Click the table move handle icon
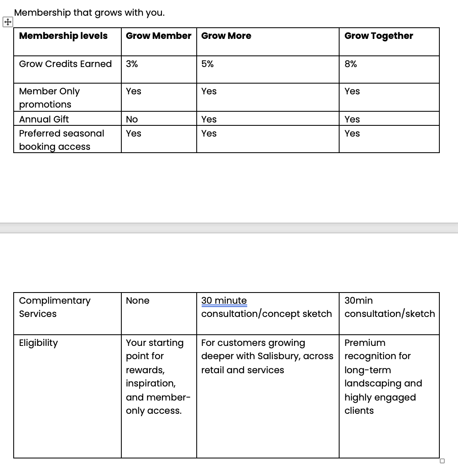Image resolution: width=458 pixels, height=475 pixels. point(7,22)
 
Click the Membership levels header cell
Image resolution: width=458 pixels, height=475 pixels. point(63,36)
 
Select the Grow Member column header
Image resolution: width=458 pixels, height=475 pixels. point(159,36)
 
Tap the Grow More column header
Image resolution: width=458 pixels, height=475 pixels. point(226,36)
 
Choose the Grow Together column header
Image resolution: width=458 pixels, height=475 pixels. point(378,36)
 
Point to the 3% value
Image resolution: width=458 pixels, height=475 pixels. point(132,64)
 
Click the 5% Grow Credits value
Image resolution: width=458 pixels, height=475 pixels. point(207,64)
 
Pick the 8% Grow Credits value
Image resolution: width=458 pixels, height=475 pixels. point(350,64)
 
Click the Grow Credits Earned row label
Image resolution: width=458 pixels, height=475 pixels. point(65,64)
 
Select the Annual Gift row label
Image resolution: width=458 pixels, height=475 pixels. point(44,120)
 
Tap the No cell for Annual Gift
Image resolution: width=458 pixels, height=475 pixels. point(132,120)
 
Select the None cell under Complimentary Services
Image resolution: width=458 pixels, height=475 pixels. point(137,301)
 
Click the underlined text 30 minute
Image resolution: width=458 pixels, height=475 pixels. point(224,301)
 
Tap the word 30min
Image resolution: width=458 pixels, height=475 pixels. point(359,301)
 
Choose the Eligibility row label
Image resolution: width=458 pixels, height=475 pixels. point(39,343)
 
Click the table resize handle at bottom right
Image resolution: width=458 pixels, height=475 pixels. point(442,461)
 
